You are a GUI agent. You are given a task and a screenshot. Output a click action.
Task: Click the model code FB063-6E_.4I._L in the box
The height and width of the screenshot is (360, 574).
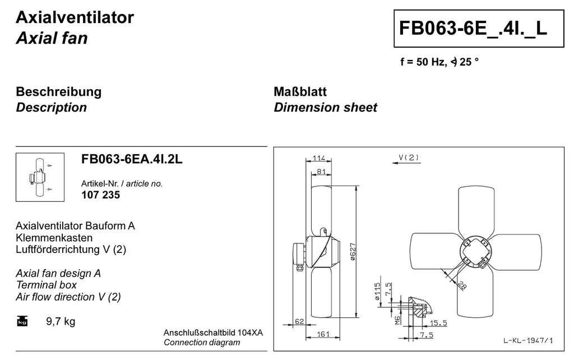pos(473,28)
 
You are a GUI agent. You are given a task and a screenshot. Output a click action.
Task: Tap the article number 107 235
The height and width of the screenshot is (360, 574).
pos(101,195)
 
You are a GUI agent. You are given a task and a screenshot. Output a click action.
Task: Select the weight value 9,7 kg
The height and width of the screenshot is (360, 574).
pos(61,321)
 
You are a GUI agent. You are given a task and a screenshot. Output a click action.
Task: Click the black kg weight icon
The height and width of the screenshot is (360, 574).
pos(22,321)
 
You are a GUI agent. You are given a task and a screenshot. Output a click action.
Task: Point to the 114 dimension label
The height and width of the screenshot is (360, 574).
pos(319,158)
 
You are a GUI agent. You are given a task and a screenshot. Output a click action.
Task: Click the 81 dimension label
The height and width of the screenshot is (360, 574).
pos(321,172)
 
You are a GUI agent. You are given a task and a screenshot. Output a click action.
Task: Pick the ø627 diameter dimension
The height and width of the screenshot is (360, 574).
pos(353,252)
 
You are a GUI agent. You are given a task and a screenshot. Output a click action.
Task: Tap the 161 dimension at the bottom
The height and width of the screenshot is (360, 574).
pos(323,334)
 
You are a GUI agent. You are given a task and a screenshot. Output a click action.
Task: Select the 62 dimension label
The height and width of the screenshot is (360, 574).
pos(299,321)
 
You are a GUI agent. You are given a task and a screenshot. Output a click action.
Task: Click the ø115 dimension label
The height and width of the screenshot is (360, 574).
pos(377,292)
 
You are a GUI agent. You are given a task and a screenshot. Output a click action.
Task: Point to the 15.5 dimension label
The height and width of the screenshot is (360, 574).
pos(438,323)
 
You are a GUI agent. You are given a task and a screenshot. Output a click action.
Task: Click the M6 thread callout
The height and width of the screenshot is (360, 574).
pos(397,320)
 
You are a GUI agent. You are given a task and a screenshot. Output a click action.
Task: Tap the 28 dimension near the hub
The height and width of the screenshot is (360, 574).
pos(462,285)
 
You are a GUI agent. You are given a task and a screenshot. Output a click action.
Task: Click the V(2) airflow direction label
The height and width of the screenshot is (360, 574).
pos(409,158)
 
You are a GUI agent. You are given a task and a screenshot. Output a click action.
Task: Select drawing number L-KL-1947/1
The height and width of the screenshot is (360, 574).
pos(528,340)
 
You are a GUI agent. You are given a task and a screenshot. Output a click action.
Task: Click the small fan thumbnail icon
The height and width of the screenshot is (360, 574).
pos(40,177)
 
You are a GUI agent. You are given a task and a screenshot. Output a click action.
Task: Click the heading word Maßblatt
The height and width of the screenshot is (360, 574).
pos(300,91)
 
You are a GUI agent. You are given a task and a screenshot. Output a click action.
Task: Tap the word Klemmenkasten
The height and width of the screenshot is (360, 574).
pos(54,238)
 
